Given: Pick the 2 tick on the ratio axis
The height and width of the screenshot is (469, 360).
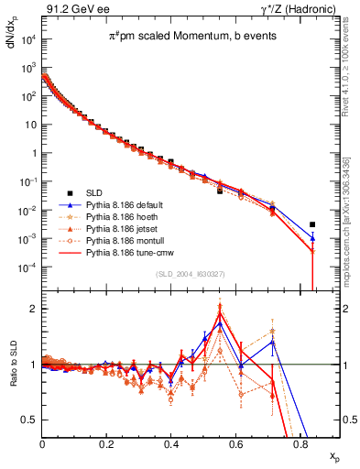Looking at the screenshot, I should click(x=35, y=309).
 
